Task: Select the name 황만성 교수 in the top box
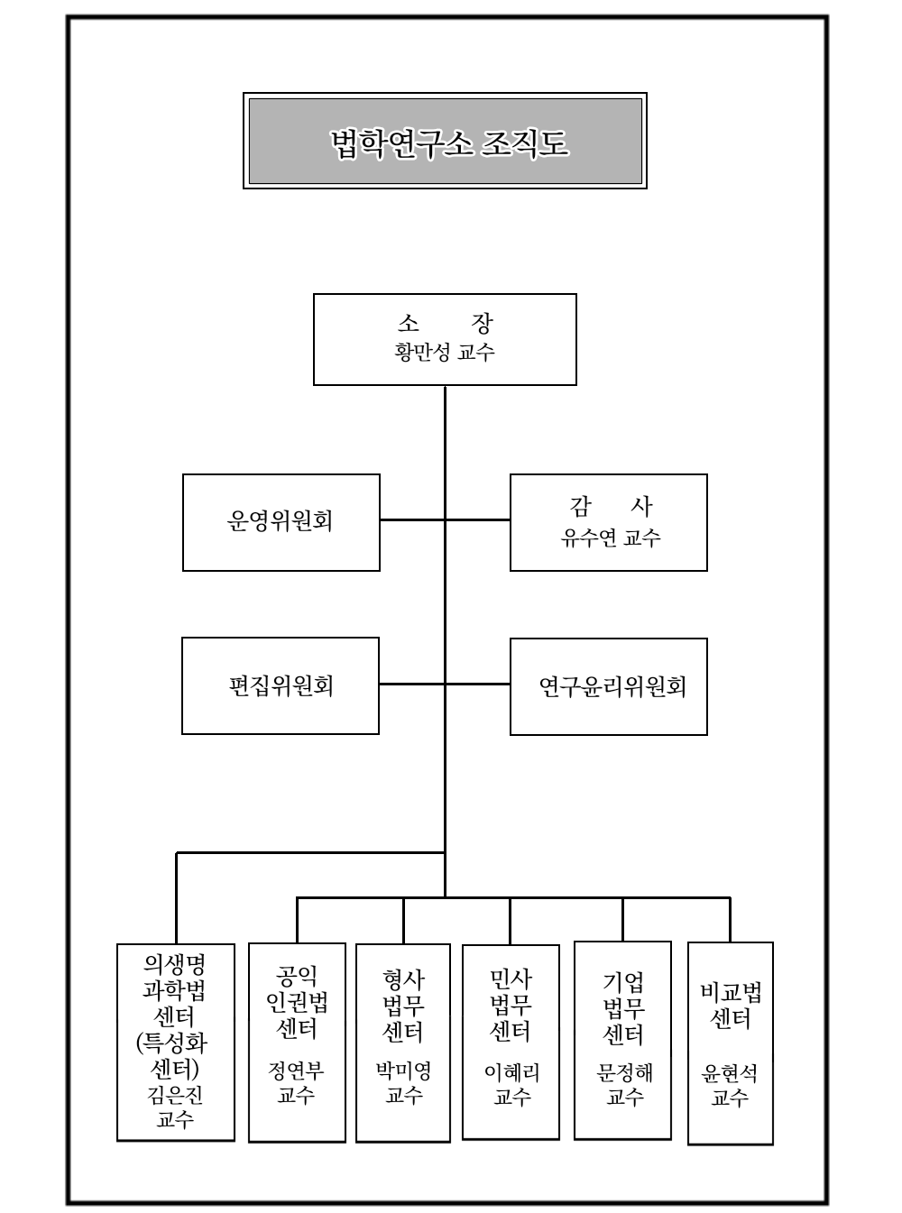[x=445, y=353]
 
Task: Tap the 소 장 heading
[x=445, y=324]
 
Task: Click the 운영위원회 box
[x=281, y=522]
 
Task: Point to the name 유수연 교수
[x=611, y=538]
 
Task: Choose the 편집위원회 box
[x=281, y=686]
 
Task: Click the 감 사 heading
[x=611, y=506]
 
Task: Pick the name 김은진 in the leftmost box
[x=175, y=1095]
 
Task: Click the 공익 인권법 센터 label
[x=297, y=1002]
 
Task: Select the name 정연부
[x=296, y=1071]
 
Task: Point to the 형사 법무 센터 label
[x=403, y=1005]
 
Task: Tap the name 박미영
[x=403, y=1071]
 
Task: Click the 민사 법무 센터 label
[x=511, y=1005]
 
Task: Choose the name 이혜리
[x=511, y=1072]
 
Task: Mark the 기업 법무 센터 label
[x=623, y=1007]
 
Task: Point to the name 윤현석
[x=730, y=1074]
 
